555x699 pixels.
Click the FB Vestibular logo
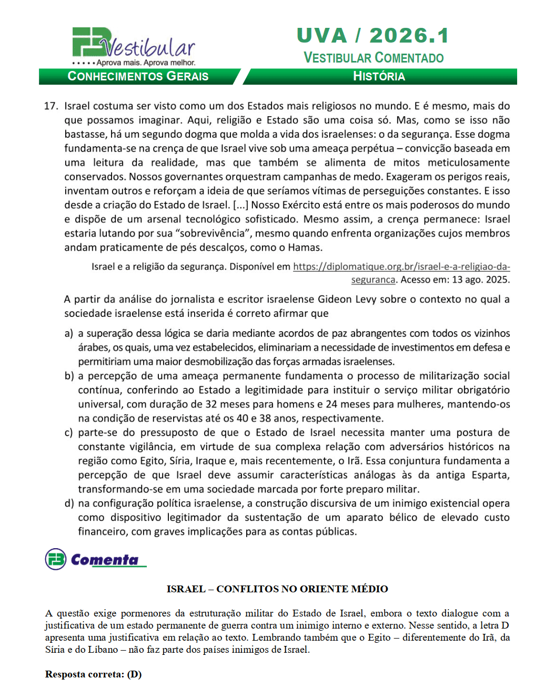(x=134, y=46)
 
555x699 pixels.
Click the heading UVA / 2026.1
(x=372, y=36)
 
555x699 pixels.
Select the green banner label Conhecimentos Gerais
(x=138, y=76)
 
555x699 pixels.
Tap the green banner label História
(x=379, y=76)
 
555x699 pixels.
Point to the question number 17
(x=51, y=106)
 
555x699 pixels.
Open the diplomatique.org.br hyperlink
(x=401, y=266)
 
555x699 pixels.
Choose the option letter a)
(x=69, y=333)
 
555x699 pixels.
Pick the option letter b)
(x=69, y=376)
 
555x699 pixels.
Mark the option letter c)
(x=69, y=433)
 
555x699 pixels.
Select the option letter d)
(x=69, y=503)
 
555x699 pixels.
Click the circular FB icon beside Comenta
(x=56, y=559)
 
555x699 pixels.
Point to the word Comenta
(x=105, y=560)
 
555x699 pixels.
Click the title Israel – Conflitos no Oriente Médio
(x=277, y=589)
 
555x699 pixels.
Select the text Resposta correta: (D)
(x=93, y=674)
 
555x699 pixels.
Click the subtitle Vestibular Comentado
(x=374, y=58)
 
